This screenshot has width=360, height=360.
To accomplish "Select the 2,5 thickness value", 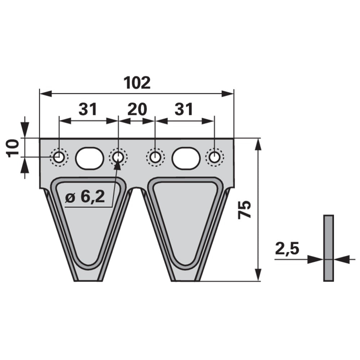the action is [287, 249].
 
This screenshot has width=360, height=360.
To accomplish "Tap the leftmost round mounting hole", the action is [59, 158].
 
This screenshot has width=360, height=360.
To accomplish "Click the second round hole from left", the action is [118, 158].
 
